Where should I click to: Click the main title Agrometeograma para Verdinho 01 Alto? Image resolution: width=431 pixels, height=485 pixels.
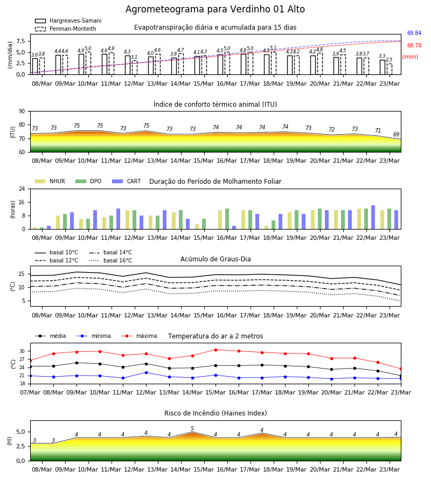pos(215,9)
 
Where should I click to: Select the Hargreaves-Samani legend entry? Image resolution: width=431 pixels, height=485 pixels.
pos(68,20)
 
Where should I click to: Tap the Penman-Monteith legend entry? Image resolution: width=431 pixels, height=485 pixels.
pos(66,29)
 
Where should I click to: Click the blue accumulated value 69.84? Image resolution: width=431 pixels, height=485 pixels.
pos(414,33)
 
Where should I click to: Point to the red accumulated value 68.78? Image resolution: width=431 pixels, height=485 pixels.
pos(414,45)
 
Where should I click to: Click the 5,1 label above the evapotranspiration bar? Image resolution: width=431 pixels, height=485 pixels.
pos(273,48)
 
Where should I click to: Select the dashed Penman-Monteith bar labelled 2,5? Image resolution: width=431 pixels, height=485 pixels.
pos(390,69)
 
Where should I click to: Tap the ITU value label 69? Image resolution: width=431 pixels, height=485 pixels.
pos(396,134)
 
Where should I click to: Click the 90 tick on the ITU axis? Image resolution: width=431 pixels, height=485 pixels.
pos(22,112)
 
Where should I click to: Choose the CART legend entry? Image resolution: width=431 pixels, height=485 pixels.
pos(127,181)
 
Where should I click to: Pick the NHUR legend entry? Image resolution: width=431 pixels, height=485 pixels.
pos(50,181)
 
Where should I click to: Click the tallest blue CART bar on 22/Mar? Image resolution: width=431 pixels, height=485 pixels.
pos(373,217)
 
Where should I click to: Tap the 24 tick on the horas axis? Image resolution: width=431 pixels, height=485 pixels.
pos(22,189)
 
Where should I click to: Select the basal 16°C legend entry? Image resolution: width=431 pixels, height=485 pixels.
pos(110,260)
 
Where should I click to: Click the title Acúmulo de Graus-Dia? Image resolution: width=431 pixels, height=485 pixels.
pos(215,259)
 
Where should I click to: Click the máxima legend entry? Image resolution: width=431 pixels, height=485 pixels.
pos(139,336)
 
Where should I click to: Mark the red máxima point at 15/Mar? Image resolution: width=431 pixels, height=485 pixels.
pos(216,350)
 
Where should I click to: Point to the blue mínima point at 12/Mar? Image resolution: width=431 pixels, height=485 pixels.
pos(146,373)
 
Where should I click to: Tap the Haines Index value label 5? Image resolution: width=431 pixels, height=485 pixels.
pos(192,429)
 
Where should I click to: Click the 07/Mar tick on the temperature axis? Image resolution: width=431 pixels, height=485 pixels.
pos(30,392)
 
